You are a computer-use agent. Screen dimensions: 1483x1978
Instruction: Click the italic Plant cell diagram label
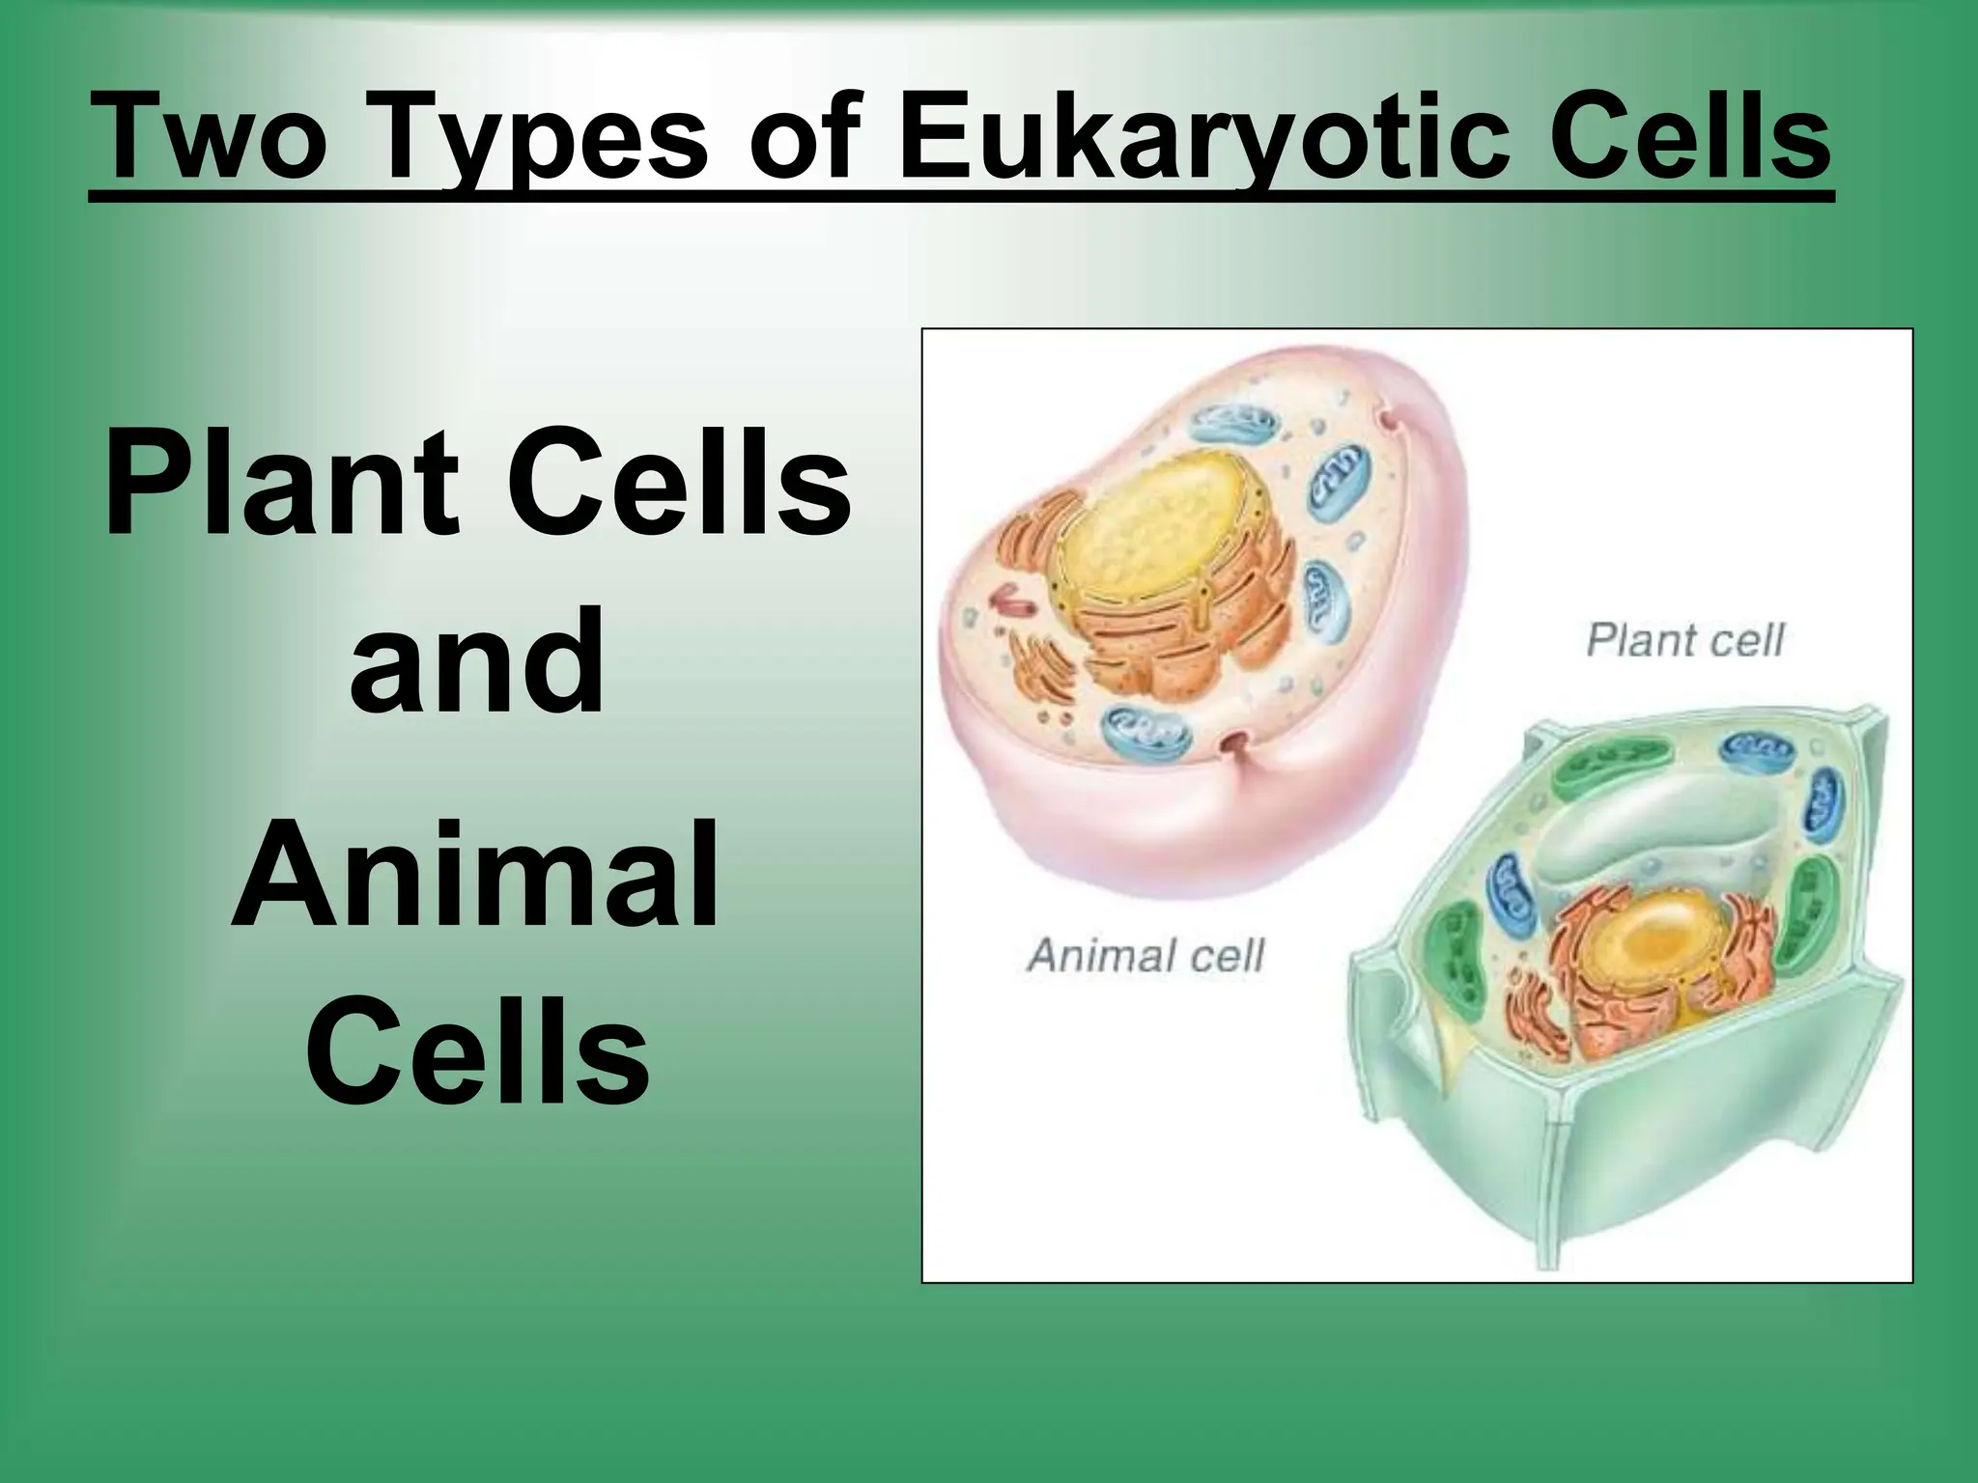tap(1684, 641)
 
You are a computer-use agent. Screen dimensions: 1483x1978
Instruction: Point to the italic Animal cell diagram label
tap(1144, 955)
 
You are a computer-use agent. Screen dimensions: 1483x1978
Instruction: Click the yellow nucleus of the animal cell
tap(1149, 541)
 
